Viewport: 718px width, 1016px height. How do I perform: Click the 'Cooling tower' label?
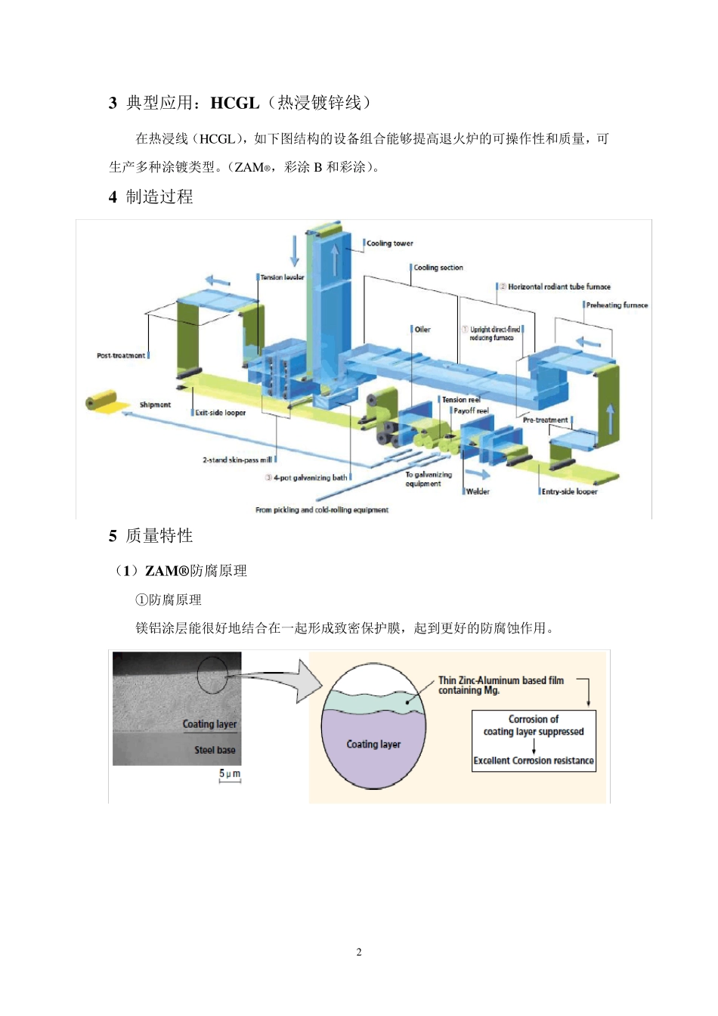390,243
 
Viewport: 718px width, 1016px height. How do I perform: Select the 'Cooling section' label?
438,268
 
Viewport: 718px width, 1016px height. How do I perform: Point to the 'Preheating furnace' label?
617,305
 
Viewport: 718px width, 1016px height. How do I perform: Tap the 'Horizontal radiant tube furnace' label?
559,287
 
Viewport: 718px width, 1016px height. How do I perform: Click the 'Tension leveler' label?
282,277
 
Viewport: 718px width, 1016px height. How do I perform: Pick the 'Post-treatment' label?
121,355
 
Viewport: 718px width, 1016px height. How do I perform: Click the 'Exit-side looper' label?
220,413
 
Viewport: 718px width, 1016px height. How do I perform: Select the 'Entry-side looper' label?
569,491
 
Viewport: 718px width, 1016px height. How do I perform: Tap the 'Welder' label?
478,491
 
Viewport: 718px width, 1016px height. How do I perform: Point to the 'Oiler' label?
422,330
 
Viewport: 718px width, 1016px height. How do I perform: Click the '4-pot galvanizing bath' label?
310,478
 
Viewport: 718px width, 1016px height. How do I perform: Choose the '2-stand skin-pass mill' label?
237,460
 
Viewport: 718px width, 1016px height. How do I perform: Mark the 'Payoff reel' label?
471,410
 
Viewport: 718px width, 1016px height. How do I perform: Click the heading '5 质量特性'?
151,536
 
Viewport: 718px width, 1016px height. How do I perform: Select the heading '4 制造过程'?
151,197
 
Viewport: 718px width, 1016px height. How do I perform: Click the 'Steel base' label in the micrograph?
215,750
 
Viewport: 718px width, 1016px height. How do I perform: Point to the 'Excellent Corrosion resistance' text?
534,760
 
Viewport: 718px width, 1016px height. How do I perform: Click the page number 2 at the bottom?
359,952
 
